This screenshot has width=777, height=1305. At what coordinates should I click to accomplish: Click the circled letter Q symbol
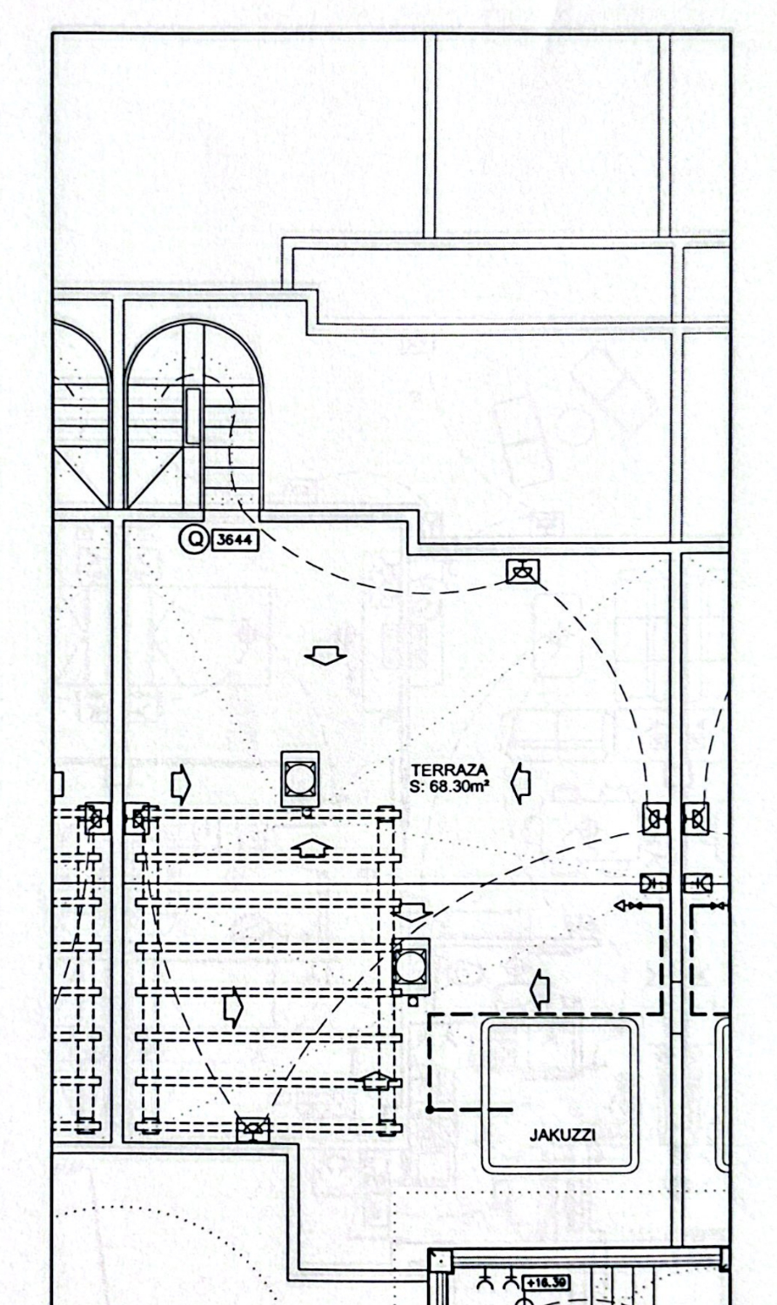click(194, 539)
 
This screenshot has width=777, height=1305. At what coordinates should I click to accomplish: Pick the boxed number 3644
click(235, 540)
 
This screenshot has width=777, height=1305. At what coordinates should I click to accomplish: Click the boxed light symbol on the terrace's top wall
click(522, 572)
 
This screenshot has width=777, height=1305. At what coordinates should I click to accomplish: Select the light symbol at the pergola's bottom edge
click(253, 1129)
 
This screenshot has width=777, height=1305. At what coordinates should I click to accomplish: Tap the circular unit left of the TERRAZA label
click(299, 777)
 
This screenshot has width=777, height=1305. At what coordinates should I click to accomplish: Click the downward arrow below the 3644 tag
click(328, 658)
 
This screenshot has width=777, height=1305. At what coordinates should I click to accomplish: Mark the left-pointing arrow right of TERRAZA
click(520, 783)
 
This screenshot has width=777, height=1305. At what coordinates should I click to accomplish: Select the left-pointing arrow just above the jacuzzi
click(540, 989)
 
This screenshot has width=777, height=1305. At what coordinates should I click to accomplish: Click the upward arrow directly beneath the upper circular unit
click(311, 847)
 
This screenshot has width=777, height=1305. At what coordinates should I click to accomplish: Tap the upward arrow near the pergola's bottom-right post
click(374, 1081)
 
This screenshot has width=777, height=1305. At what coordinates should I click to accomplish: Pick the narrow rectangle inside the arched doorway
click(193, 418)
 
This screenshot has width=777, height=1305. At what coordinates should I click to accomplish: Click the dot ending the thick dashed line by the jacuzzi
click(431, 1109)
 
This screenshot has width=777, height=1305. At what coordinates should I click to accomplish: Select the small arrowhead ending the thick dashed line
click(620, 906)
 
